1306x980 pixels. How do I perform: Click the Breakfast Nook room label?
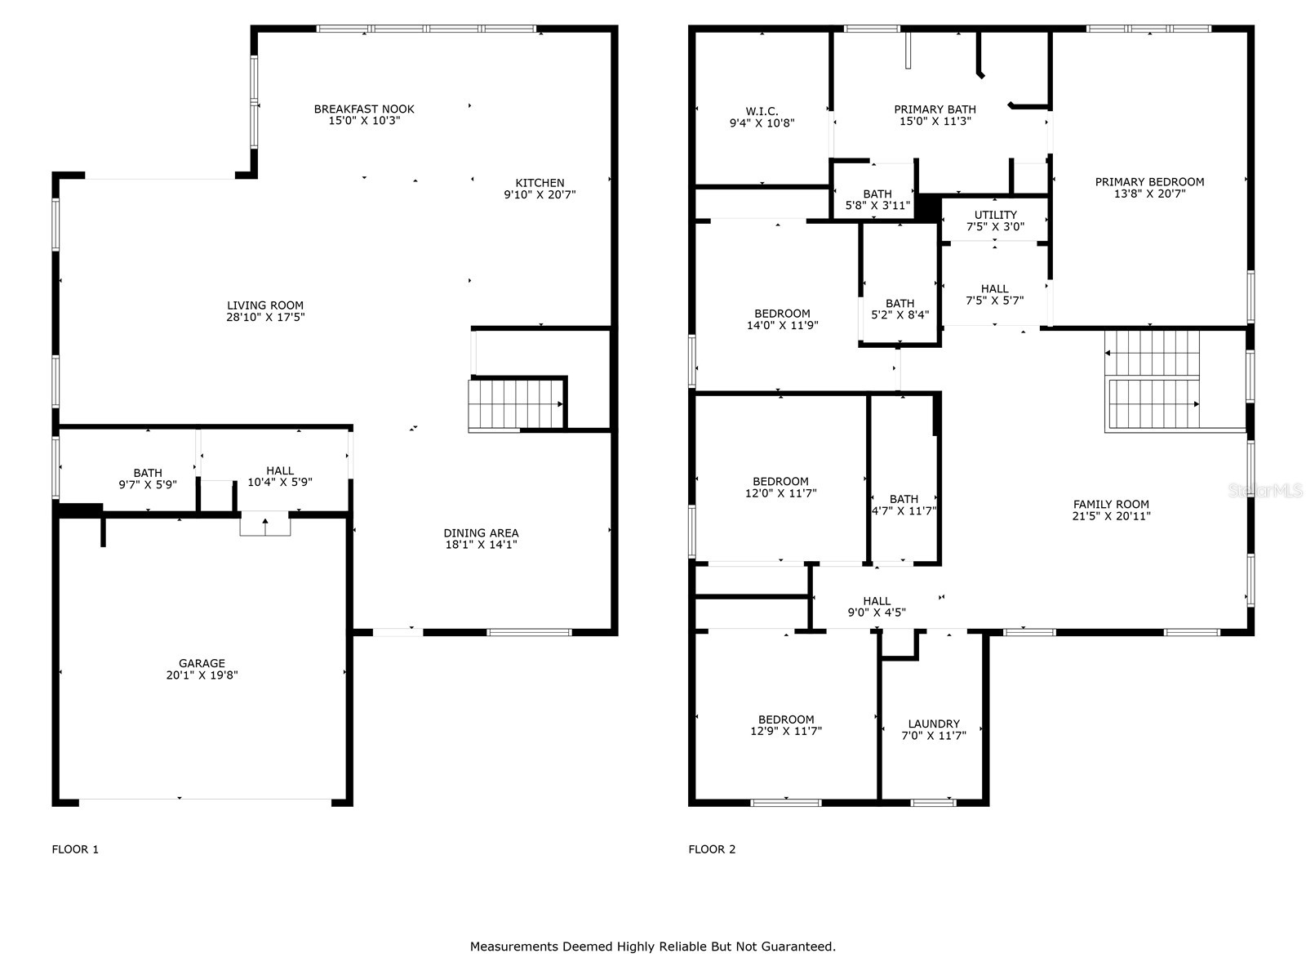coord(364,109)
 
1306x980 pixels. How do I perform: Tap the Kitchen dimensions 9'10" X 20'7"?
coord(540,195)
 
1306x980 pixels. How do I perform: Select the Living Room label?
coord(265,305)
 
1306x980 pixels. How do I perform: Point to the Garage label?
coord(202,663)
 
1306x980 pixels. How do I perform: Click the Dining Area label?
coord(481,533)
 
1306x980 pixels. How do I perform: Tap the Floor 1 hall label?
coord(280,470)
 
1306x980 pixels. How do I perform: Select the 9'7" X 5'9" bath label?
coord(148,479)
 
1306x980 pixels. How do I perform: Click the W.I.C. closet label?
coord(762,111)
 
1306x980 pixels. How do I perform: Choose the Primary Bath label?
coord(935,109)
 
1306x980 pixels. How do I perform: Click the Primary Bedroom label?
coord(1149,182)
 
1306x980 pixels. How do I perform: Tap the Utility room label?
coord(995,215)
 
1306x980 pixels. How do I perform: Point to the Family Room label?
coord(1111,505)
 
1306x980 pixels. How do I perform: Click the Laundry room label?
coord(934,724)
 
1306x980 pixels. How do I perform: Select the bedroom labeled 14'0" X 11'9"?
coord(782,319)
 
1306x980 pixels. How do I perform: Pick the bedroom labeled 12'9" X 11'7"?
coord(786,726)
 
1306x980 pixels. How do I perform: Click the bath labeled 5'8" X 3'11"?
coord(877,200)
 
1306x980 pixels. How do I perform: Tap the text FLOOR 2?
coord(712,849)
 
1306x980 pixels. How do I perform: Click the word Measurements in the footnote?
coord(513,947)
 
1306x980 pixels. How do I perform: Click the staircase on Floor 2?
coord(1153,381)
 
